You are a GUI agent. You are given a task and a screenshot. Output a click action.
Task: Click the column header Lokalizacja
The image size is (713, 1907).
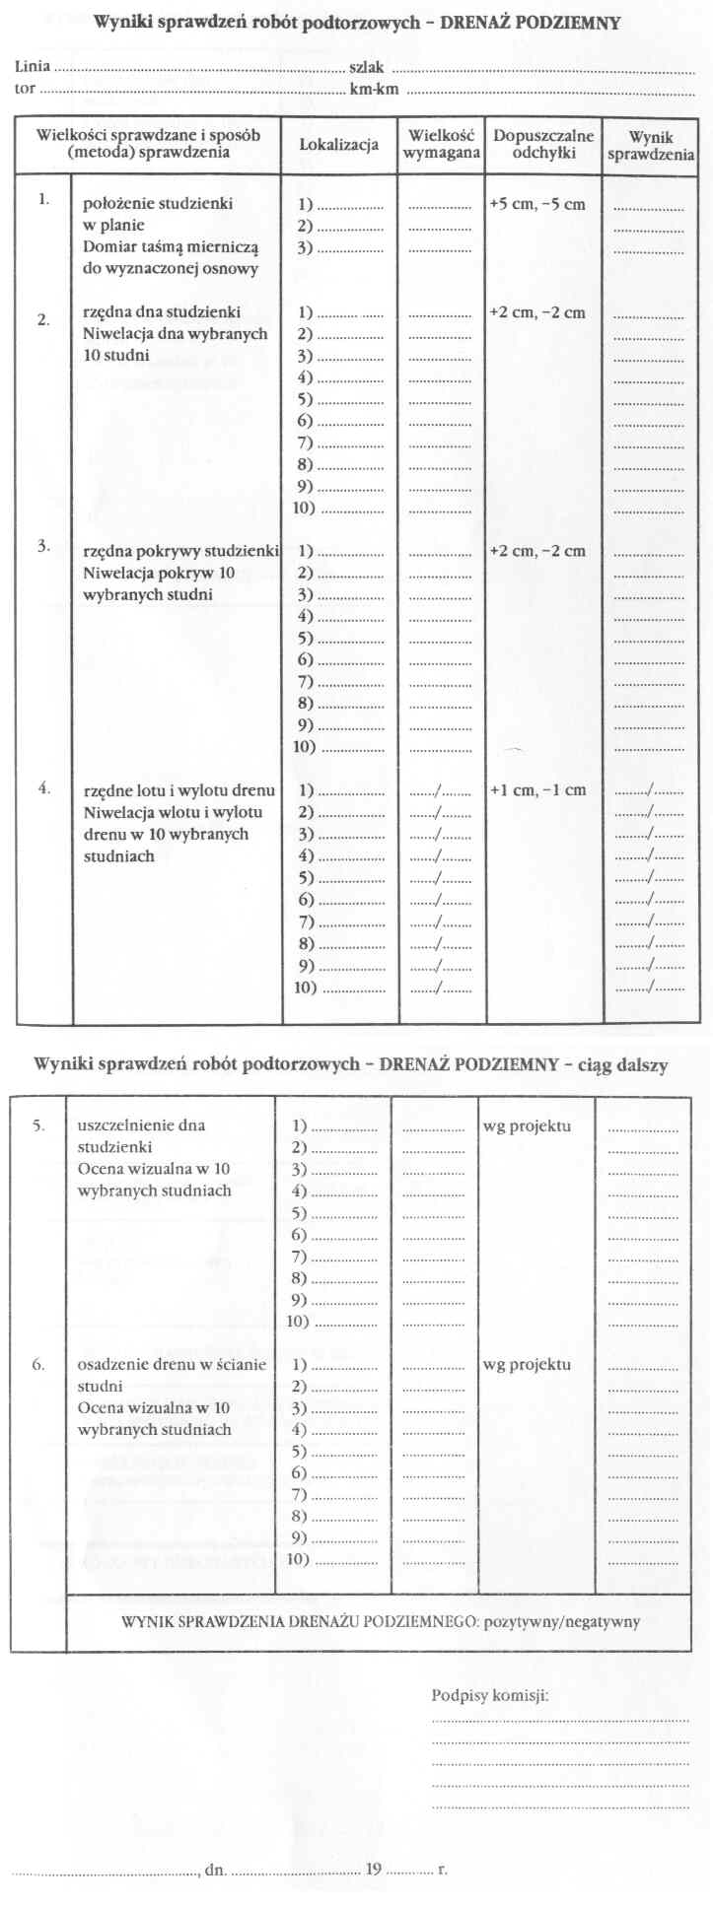tap(338, 145)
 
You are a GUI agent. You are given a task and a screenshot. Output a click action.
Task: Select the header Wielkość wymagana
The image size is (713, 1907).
tap(442, 144)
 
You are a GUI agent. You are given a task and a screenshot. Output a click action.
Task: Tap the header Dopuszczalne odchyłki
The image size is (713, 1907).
tap(543, 144)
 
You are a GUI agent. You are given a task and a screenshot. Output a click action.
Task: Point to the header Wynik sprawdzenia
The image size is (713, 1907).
tap(651, 146)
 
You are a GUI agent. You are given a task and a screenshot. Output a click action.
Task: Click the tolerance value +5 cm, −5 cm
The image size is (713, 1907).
tap(537, 205)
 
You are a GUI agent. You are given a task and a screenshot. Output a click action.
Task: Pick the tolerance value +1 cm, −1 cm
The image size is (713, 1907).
tap(537, 790)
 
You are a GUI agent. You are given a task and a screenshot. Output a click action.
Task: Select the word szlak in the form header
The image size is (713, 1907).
tap(366, 67)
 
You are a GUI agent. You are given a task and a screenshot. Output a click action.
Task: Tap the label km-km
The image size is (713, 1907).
tap(374, 90)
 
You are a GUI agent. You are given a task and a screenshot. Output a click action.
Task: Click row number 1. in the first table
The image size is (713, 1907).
tap(43, 199)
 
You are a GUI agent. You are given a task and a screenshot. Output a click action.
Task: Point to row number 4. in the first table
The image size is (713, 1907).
tap(43, 787)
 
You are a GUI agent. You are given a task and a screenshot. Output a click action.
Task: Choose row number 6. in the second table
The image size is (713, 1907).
tap(38, 1365)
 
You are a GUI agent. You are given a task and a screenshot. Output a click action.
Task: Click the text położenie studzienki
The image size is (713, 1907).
tap(158, 204)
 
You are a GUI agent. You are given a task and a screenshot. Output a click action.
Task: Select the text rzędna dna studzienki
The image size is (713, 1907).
tap(162, 312)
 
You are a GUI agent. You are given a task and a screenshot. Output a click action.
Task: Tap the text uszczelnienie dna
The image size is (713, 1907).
tap(141, 1125)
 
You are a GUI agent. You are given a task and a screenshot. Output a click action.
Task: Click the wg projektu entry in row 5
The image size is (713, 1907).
tap(527, 1126)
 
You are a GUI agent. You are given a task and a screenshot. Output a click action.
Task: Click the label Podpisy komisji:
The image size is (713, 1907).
tap(490, 1696)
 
